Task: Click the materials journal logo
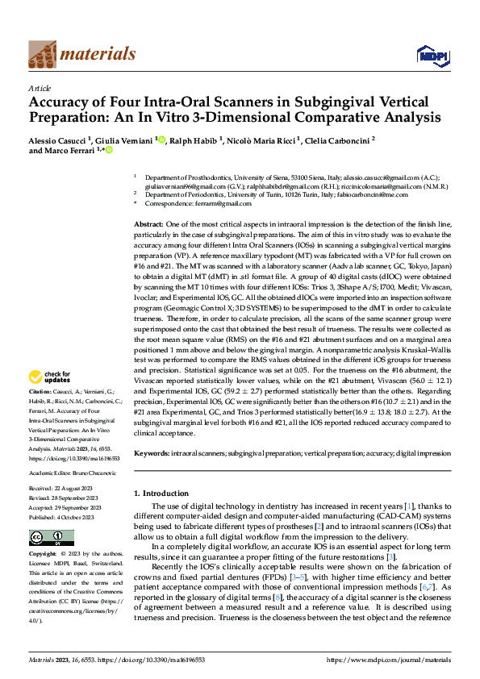81,54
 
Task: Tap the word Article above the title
40,88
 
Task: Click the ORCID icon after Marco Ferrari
109,150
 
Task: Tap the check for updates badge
52,376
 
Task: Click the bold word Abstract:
149,223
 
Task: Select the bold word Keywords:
152,454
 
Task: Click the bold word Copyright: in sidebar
44,556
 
